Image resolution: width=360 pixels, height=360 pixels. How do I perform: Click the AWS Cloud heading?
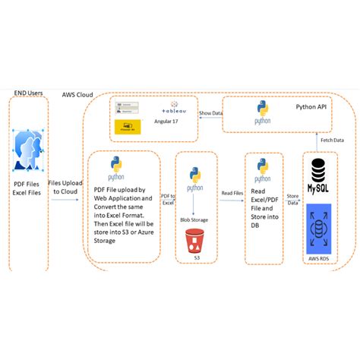pyautogui.click(x=77, y=95)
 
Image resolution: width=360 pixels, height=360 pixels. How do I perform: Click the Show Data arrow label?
pyautogui.click(x=210, y=114)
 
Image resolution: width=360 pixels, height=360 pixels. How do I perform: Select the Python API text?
pyautogui.click(x=311, y=107)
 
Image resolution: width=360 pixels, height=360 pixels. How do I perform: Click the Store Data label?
pyautogui.click(x=292, y=199)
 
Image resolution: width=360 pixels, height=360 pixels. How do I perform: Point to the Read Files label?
pyautogui.click(x=232, y=194)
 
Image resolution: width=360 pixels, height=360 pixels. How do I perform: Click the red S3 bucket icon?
pyautogui.click(x=195, y=242)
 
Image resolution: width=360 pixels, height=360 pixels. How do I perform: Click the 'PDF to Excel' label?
pyautogui.click(x=168, y=199)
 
